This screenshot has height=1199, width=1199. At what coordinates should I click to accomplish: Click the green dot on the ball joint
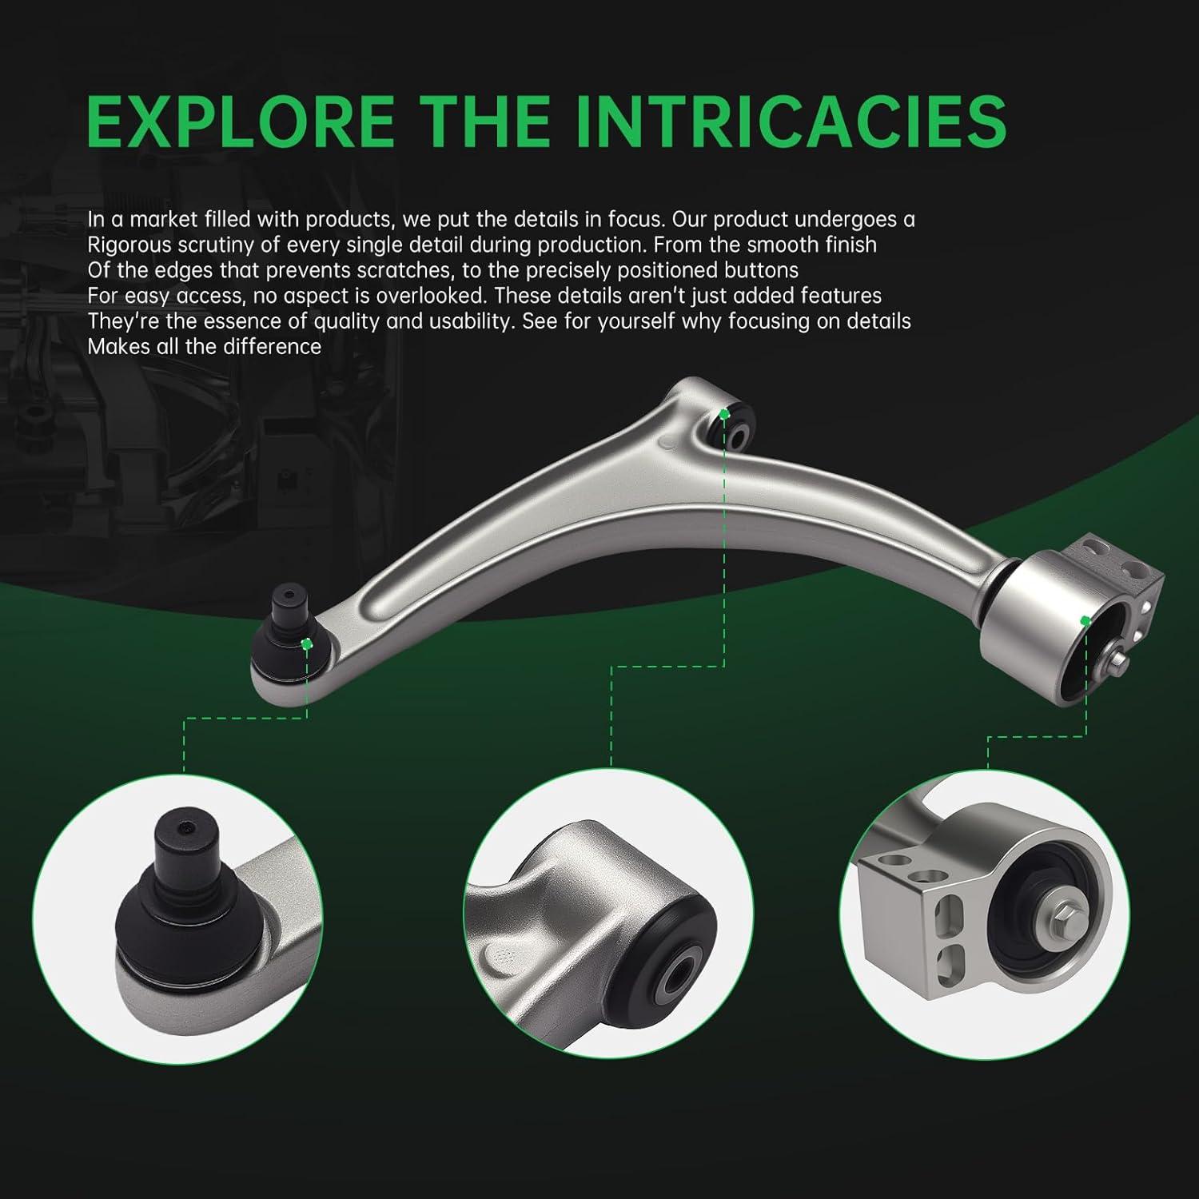pyautogui.click(x=306, y=643)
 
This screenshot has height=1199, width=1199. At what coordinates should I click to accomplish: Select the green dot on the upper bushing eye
pyautogui.click(x=724, y=414)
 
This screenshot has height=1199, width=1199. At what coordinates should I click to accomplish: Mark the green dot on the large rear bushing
pyautogui.click(x=1085, y=620)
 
